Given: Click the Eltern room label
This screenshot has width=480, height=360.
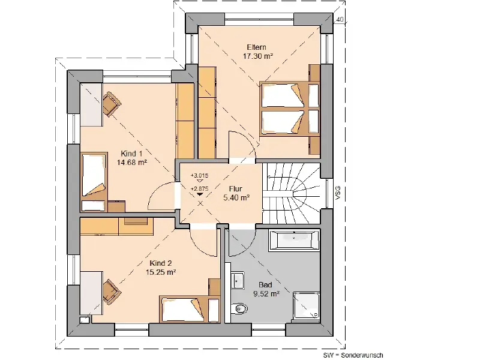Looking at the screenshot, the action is [x=257, y=47].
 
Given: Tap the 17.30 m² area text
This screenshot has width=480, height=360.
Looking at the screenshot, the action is [x=258, y=56].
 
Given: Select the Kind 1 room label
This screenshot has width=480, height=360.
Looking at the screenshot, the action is [x=131, y=154].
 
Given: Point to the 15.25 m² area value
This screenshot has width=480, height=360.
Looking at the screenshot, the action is [x=160, y=272].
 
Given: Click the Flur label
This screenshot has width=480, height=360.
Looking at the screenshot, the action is [x=235, y=189].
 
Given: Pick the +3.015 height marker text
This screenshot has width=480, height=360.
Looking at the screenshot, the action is [x=199, y=176].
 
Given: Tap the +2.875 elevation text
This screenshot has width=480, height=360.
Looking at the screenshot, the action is [x=199, y=189].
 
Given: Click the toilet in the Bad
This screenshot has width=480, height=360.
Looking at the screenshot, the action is [x=239, y=308].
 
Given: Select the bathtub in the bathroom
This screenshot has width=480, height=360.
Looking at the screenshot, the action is [x=293, y=239].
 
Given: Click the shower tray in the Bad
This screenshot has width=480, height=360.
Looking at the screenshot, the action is [x=306, y=305].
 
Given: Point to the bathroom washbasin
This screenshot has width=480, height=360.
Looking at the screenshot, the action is [x=237, y=280].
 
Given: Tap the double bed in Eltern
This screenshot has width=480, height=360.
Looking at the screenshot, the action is [x=289, y=109].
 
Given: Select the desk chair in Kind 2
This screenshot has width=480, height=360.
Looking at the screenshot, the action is [x=112, y=291].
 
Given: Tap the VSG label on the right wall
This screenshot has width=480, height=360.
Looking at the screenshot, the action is [x=338, y=193].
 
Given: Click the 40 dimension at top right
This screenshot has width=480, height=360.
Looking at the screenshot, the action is [x=340, y=20].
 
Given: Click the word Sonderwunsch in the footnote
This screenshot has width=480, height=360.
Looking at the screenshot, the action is [x=362, y=355].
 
